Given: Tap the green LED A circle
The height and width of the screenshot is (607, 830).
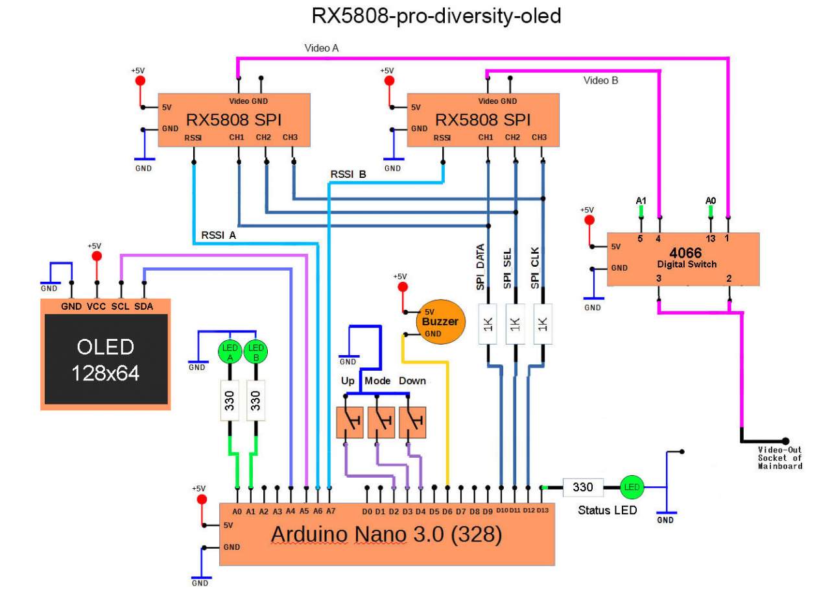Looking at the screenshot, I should (230, 351).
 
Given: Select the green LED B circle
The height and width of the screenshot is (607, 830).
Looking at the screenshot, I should (256, 351).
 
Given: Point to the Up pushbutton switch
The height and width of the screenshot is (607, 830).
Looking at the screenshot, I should (351, 423).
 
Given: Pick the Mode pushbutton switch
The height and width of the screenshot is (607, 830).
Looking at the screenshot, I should (382, 423).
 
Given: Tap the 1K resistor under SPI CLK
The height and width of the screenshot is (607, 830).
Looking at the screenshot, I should (543, 323).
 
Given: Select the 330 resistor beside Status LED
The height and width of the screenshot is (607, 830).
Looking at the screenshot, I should (583, 487).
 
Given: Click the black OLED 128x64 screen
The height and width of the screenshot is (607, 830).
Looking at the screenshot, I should (106, 359).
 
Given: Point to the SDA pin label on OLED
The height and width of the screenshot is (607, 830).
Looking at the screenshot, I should (143, 306).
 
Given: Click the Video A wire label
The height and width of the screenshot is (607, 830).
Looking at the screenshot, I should (322, 48).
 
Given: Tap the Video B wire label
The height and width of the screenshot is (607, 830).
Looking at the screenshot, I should (601, 81).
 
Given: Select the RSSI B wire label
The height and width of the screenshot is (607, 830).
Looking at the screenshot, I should (348, 174).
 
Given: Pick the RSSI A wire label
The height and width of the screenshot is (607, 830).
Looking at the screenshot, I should (219, 235).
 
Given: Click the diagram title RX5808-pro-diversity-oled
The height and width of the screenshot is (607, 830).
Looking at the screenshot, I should (436, 16).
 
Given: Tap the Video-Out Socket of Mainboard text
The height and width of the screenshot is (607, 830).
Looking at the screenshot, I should (780, 458).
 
